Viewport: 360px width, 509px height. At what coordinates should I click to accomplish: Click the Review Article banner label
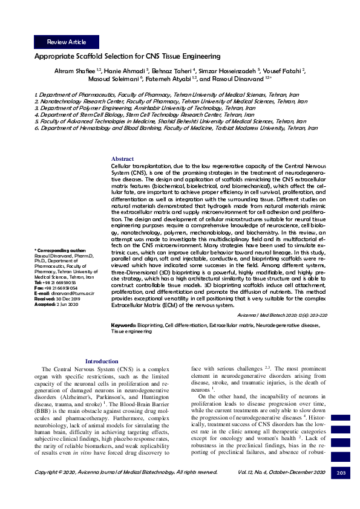(66, 42)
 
